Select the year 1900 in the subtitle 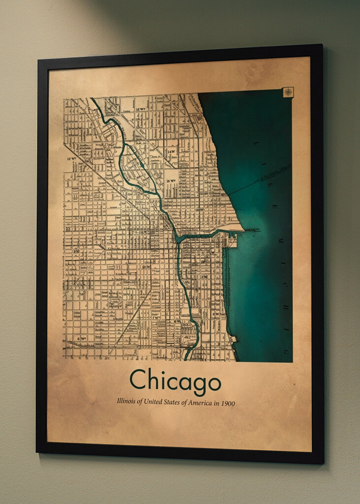pyautogui.click(x=228, y=404)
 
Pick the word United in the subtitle pyautogui.click(x=153, y=402)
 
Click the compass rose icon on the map pyautogui.click(x=288, y=92)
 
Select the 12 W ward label pyautogui.click(x=71, y=159)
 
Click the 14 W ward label pyautogui.click(x=171, y=152)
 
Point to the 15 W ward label pyautogui.click(x=171, y=181)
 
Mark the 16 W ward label pyautogui.click(x=199, y=210)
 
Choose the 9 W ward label pyautogui.click(x=77, y=251)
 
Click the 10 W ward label pyautogui.click(x=146, y=267)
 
